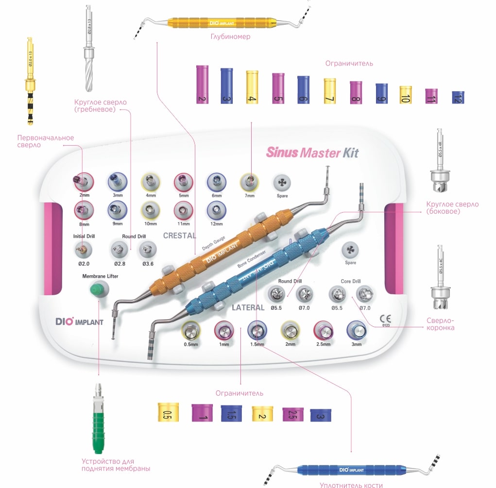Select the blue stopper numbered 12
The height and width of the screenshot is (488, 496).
458,97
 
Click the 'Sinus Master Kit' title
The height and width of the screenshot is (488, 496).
312,152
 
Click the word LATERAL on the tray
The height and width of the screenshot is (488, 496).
248,307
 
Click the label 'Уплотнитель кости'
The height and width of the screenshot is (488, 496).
351,485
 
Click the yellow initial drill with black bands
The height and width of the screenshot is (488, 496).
30,82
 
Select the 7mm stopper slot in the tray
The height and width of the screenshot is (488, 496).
250,183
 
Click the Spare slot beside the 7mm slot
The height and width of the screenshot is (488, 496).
282,183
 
